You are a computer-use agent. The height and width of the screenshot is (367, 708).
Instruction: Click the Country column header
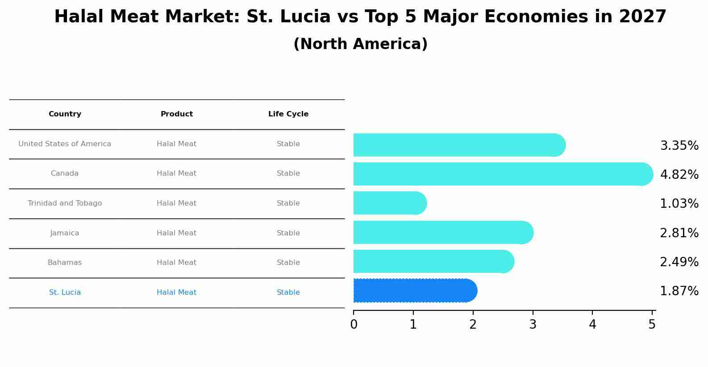coord(65,114)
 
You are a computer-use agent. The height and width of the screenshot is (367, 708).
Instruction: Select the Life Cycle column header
coord(288,114)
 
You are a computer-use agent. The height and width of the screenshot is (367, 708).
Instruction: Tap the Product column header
coord(176,114)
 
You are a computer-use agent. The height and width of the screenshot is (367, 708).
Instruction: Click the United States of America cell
coord(65,144)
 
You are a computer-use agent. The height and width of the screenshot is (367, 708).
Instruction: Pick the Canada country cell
coord(65,173)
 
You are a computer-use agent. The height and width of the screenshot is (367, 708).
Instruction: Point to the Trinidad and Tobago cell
coord(65,203)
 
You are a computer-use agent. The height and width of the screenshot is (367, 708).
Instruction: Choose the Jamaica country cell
coord(65,233)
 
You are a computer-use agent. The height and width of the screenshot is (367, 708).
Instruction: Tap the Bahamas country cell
coord(65,263)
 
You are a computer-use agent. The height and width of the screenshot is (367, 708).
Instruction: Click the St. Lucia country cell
coord(65,293)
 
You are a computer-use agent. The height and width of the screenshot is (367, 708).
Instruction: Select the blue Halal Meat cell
coord(176,293)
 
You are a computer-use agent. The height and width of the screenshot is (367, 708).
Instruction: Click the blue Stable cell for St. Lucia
coord(288,293)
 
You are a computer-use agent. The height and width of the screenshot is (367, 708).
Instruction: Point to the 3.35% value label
coord(679,146)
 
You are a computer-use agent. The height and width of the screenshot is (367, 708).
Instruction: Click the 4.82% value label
coord(679,175)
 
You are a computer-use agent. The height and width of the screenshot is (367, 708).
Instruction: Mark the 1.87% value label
coord(679,291)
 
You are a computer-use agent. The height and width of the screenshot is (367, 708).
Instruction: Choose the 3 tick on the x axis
coord(533,325)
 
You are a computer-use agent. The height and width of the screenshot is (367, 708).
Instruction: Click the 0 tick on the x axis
coord(354,325)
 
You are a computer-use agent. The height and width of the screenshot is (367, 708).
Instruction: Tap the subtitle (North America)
coord(360,44)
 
